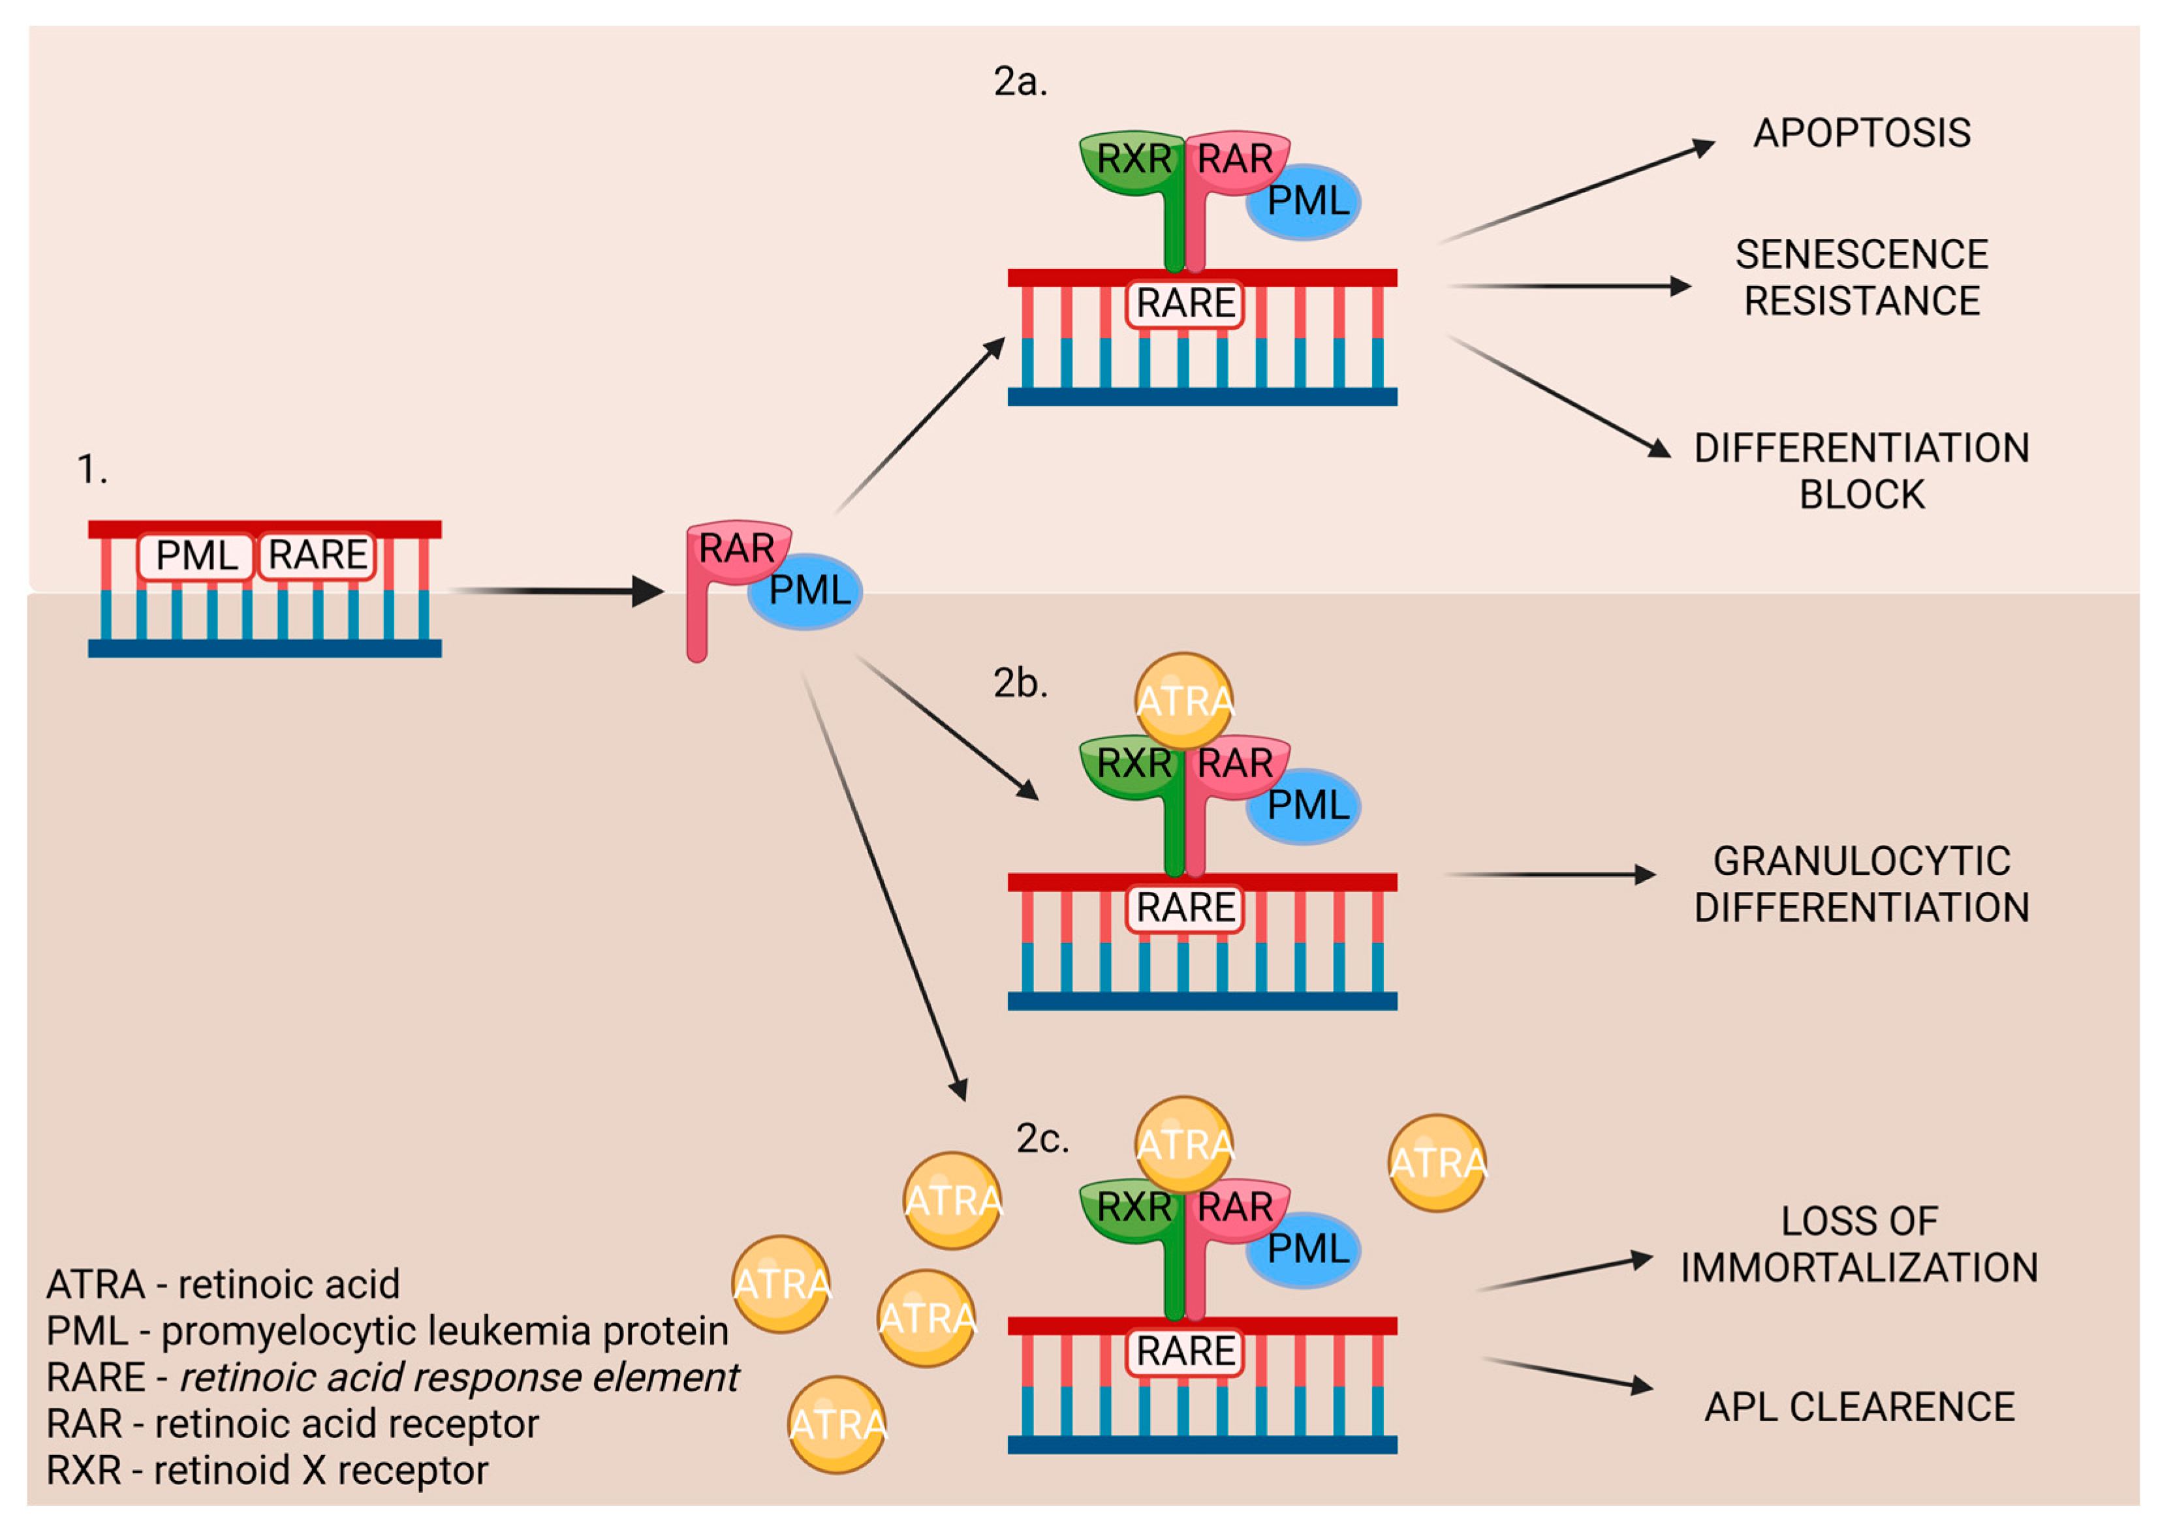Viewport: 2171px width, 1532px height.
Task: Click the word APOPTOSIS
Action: click(1861, 133)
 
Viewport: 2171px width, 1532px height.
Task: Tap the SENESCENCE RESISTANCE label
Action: click(1861, 278)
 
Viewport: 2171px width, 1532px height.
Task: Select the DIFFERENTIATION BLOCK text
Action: click(1861, 470)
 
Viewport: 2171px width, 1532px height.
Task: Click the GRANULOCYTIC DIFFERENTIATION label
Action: click(1861, 883)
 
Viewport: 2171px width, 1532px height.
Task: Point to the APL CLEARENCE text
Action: click(1859, 1407)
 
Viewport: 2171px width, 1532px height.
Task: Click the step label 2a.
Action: click(1020, 82)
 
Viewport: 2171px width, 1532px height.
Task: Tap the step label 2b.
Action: click(1020, 683)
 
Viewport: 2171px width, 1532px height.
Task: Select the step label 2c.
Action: click(1042, 1139)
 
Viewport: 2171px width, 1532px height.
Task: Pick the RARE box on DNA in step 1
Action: click(317, 555)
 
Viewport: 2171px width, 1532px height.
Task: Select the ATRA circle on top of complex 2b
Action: click(1184, 700)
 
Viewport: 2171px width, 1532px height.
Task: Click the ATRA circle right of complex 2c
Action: click(1436, 1163)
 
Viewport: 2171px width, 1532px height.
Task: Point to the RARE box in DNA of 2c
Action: click(1185, 1351)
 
